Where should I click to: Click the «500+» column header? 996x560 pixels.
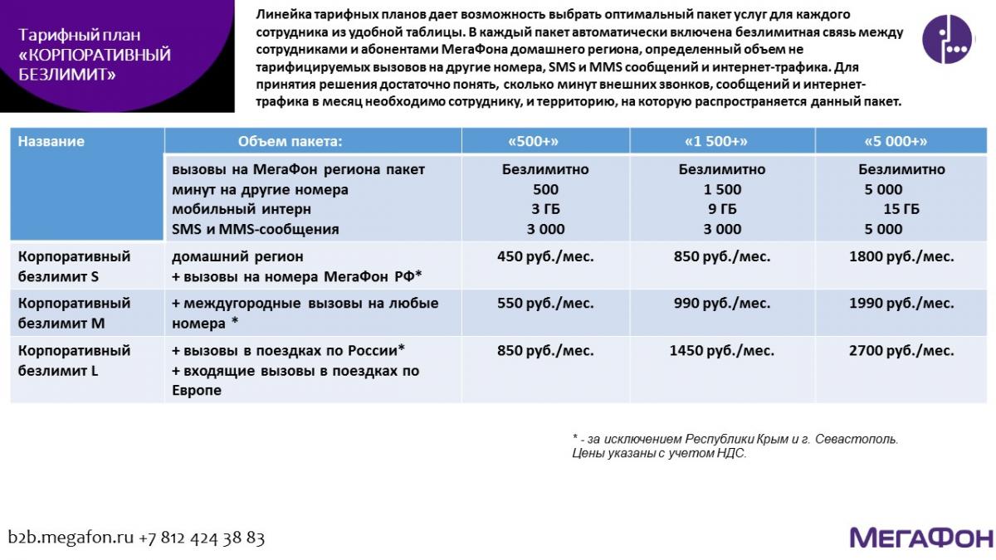coord(545,141)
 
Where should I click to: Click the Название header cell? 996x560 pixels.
coord(51,141)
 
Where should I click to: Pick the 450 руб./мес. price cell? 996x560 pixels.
coord(545,256)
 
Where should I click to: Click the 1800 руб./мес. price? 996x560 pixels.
coord(901,256)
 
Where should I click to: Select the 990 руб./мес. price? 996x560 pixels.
coord(721,303)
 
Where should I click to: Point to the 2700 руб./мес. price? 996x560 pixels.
coord(901,351)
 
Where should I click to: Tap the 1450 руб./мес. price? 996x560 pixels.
coord(721,351)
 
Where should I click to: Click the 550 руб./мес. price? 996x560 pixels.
coord(545,303)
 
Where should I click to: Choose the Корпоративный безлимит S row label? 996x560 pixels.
coord(75,265)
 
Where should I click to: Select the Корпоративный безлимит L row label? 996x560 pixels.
coord(75,360)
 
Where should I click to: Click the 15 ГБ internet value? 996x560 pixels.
coord(901,209)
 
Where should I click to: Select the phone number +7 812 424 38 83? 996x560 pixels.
coord(202,538)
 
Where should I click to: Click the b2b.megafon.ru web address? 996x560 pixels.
coord(71,538)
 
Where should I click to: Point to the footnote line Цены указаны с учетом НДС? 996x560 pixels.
coord(659,453)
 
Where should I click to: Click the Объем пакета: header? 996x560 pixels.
coord(290,141)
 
